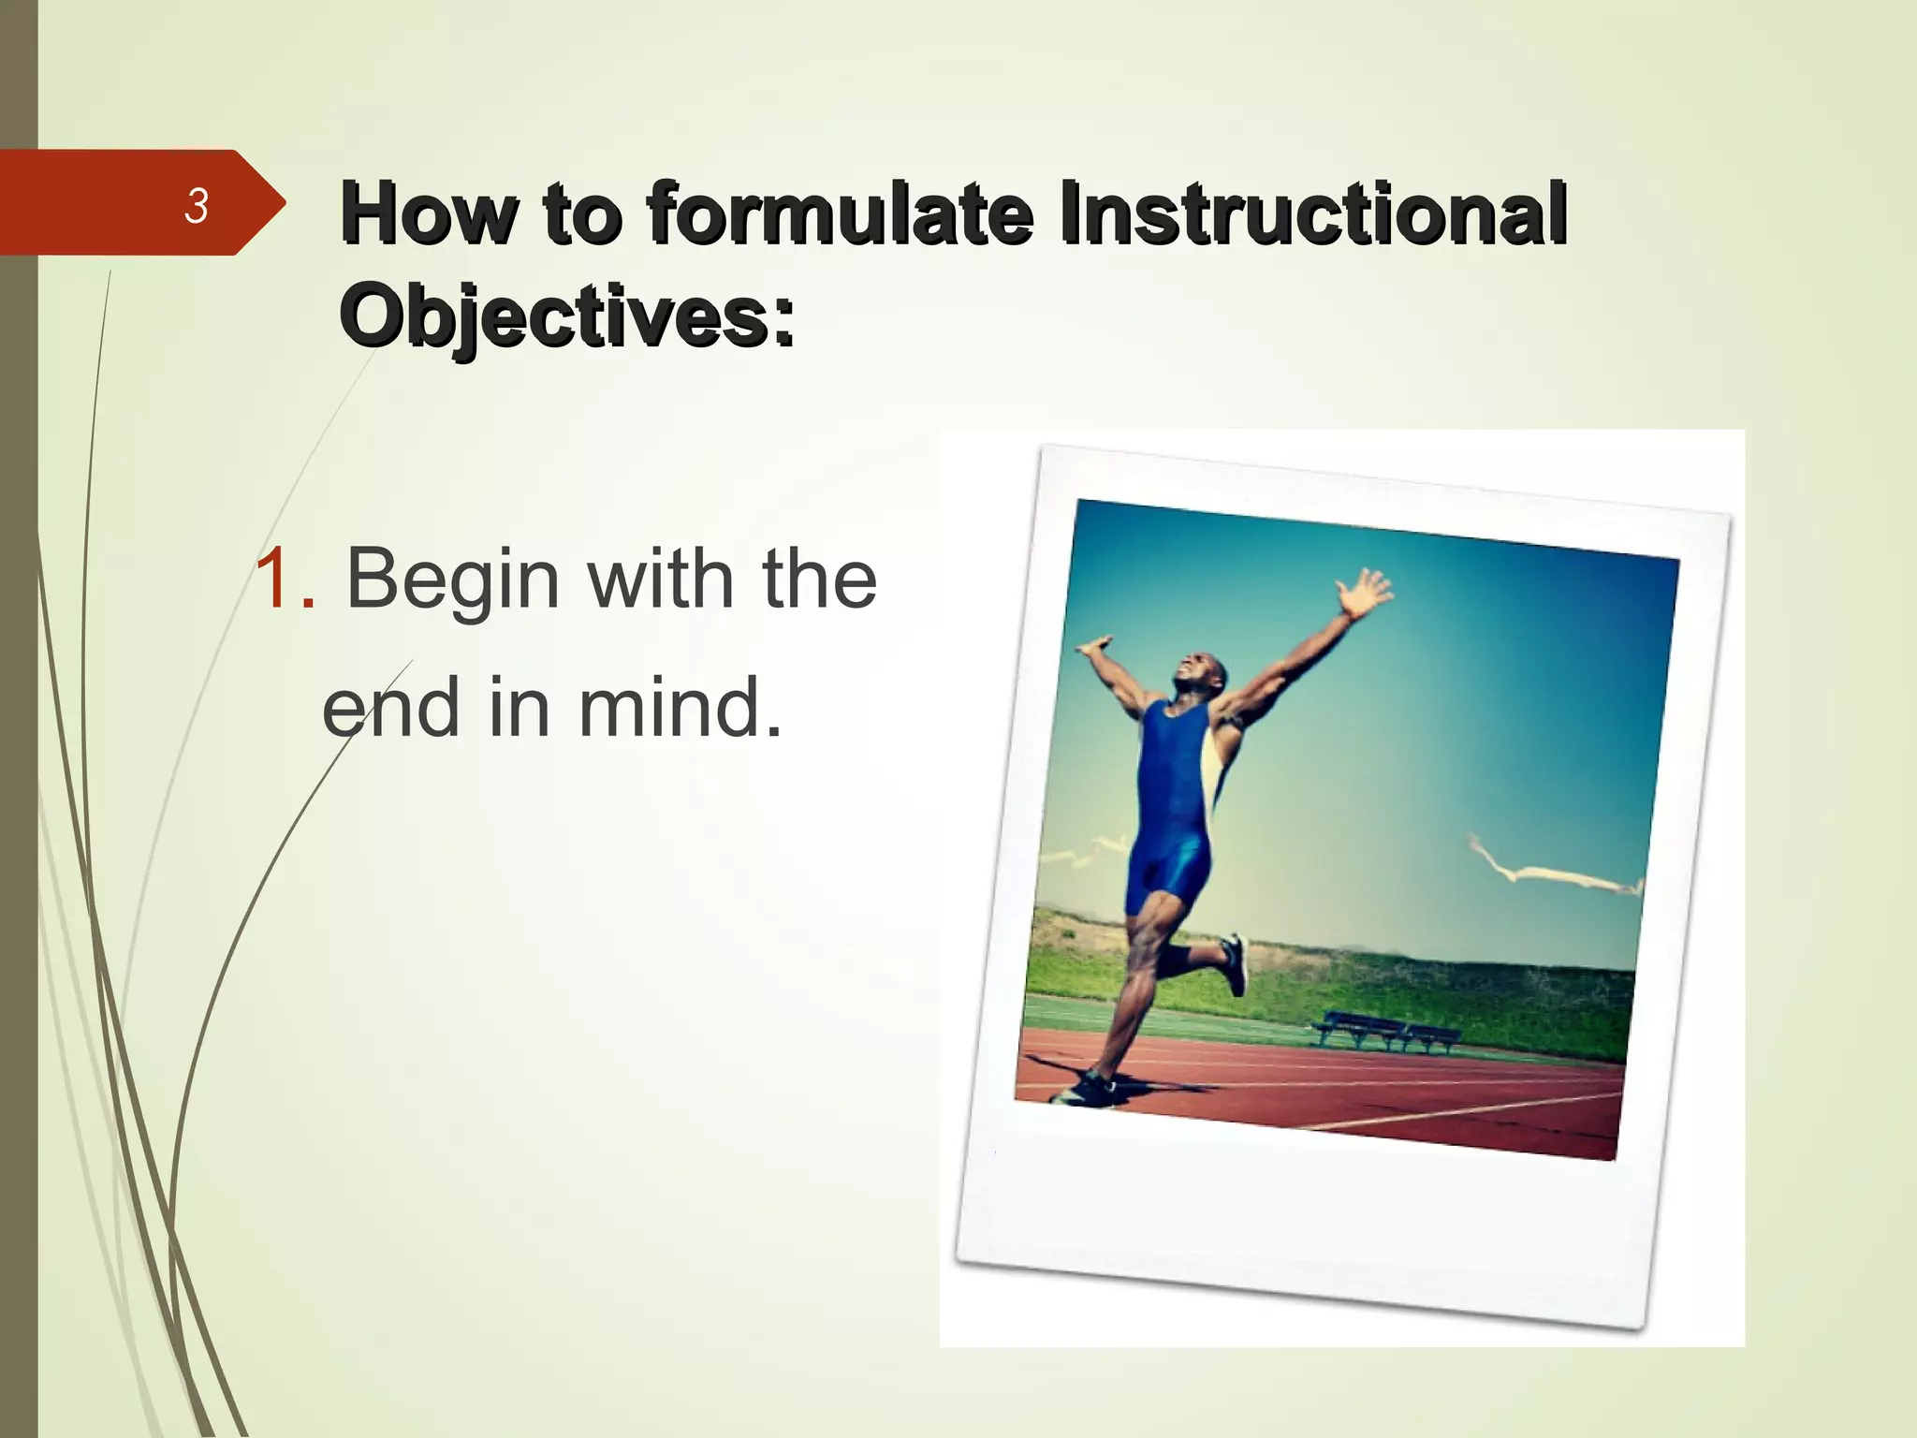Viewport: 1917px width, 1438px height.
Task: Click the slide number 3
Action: [x=196, y=206]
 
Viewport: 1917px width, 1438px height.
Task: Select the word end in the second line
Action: [x=390, y=709]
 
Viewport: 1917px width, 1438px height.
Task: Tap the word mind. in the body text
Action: [x=680, y=709]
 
